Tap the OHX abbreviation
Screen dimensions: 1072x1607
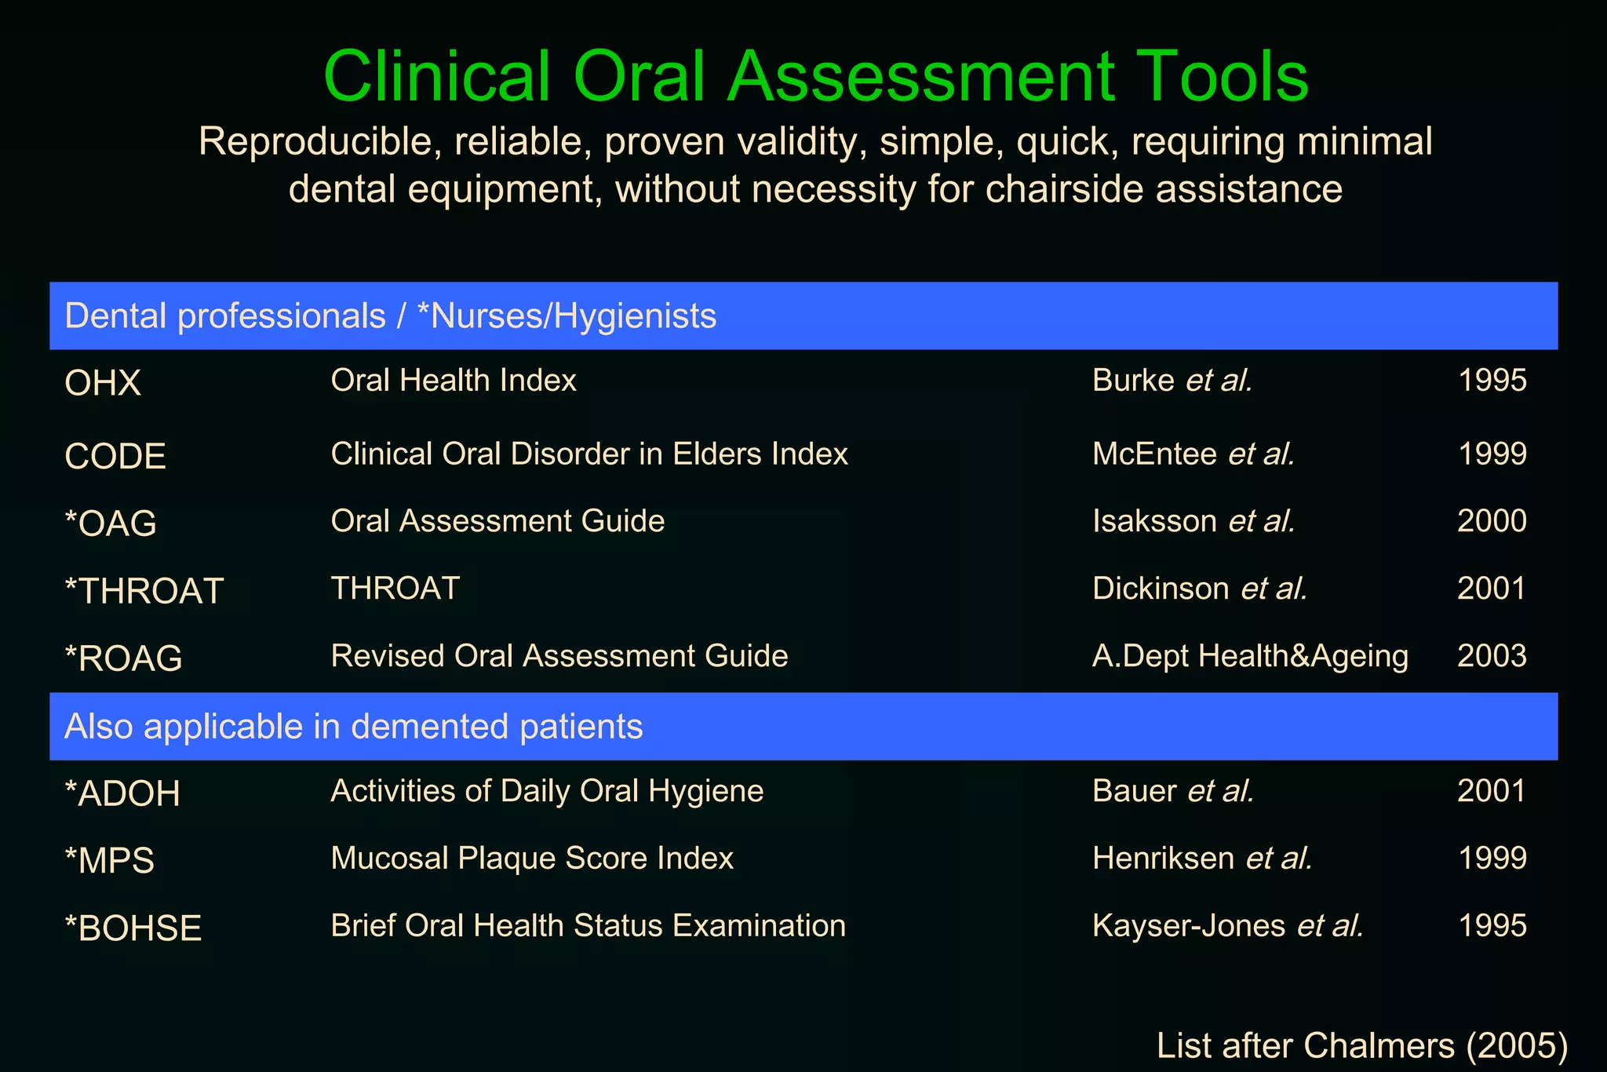pyautogui.click(x=103, y=384)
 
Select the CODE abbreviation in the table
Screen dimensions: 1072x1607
pyautogui.click(x=115, y=457)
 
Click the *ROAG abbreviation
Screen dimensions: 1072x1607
pyautogui.click(x=123, y=658)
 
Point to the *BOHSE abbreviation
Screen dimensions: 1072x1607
pyautogui.click(x=133, y=928)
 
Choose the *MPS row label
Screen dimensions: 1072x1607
pyautogui.click(x=110, y=861)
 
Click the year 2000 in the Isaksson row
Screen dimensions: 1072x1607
pyautogui.click(x=1492, y=521)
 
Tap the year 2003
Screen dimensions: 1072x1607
pyautogui.click(x=1492, y=656)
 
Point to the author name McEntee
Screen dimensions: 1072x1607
pyautogui.click(x=1154, y=454)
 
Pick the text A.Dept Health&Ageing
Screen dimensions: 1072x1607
pyautogui.click(x=1250, y=656)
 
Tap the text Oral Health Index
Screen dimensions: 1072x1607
pyautogui.click(x=454, y=381)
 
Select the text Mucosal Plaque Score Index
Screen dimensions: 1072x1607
pyautogui.click(x=532, y=859)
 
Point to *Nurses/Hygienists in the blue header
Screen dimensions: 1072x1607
pyautogui.click(x=567, y=316)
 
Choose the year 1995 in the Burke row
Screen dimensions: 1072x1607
pyautogui.click(x=1492, y=381)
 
